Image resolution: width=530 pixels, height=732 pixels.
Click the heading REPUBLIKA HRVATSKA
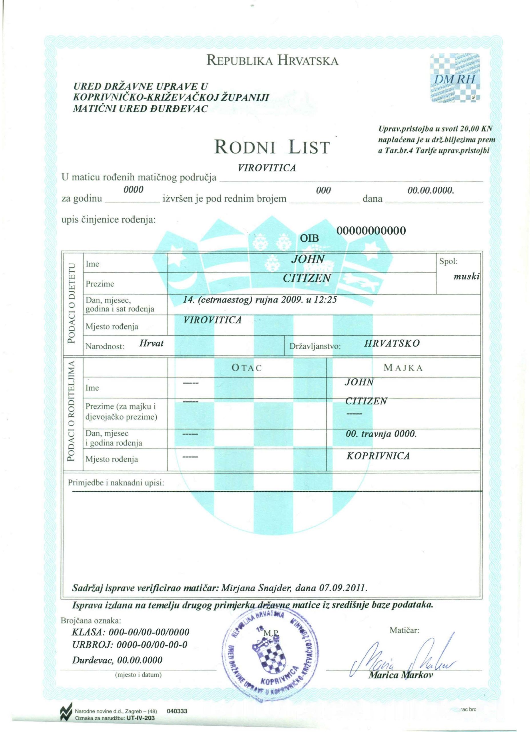pyautogui.click(x=273, y=61)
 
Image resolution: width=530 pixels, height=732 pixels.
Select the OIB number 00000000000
pyautogui.click(x=371, y=231)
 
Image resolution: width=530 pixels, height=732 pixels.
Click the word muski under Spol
pyautogui.click(x=467, y=277)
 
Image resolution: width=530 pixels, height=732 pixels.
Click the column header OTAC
pyautogui.click(x=247, y=368)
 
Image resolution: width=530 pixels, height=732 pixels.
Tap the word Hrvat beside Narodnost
pyautogui.click(x=151, y=343)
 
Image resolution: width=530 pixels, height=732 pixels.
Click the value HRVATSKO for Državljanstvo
pyautogui.click(x=392, y=343)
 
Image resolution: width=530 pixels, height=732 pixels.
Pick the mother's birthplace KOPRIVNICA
pyautogui.click(x=378, y=456)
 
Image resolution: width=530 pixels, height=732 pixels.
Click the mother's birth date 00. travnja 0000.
pyautogui.click(x=381, y=434)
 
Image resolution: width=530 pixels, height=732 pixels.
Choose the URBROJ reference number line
pyautogui.click(x=130, y=645)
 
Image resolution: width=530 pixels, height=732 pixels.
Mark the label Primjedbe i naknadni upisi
pyautogui.click(x=116, y=483)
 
